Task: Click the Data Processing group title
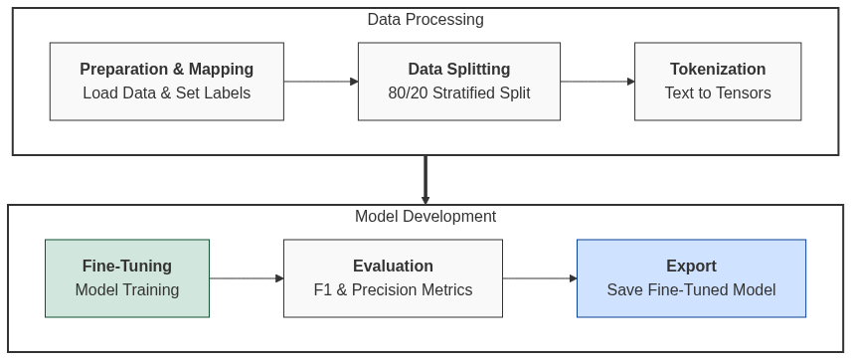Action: (425, 20)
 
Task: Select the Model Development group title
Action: (425, 217)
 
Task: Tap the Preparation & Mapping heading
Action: (167, 70)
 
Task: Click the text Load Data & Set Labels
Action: (167, 93)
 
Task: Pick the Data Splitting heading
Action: (459, 70)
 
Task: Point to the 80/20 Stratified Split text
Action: (459, 93)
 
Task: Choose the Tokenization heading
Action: (718, 70)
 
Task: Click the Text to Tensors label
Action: (718, 93)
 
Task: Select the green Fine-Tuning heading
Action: (127, 267)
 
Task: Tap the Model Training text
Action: (127, 290)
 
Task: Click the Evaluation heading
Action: (393, 267)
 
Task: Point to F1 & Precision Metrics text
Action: (393, 290)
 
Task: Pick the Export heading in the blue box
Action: (691, 267)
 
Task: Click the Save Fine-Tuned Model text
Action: (691, 290)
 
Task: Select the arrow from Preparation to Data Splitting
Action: (320, 82)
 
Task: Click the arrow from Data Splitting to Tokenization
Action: (596, 82)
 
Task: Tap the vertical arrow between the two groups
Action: (425, 179)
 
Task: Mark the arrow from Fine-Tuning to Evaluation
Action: (246, 278)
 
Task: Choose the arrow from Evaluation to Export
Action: (539, 278)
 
